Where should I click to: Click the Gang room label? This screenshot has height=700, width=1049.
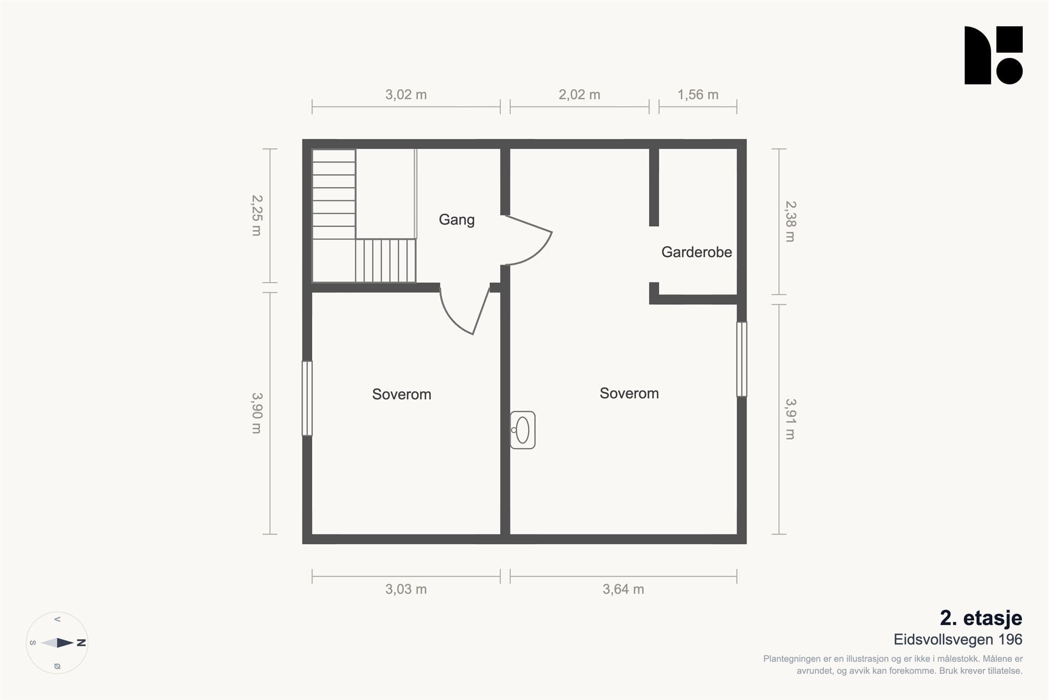pyautogui.click(x=457, y=220)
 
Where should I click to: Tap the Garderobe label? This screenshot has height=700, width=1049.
pyautogui.click(x=697, y=252)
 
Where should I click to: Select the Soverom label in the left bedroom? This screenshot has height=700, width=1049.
pyautogui.click(x=402, y=394)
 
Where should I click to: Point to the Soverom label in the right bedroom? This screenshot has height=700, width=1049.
pyautogui.click(x=629, y=393)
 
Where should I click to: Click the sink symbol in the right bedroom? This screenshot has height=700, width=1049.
pyautogui.click(x=522, y=430)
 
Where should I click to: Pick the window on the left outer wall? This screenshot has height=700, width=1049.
pyautogui.click(x=307, y=398)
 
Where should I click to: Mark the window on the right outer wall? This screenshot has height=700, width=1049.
pyautogui.click(x=742, y=359)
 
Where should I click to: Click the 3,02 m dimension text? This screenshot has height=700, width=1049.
pyautogui.click(x=406, y=95)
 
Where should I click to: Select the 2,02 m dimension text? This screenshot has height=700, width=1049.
pyautogui.click(x=579, y=95)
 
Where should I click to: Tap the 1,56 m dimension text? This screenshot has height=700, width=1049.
pyautogui.click(x=698, y=95)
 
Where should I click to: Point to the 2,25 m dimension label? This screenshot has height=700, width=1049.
pyautogui.click(x=257, y=215)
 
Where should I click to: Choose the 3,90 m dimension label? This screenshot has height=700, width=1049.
pyautogui.click(x=257, y=413)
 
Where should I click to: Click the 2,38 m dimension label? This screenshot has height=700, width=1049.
pyautogui.click(x=790, y=221)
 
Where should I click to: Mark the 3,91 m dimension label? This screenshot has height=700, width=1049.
pyautogui.click(x=790, y=419)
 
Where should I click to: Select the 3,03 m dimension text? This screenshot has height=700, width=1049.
pyautogui.click(x=406, y=589)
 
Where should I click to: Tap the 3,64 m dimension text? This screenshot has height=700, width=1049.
pyautogui.click(x=623, y=589)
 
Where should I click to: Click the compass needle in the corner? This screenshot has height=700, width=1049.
pyautogui.click(x=57, y=643)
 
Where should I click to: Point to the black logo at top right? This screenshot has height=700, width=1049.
pyautogui.click(x=994, y=55)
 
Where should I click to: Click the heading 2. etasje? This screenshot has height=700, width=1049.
pyautogui.click(x=981, y=618)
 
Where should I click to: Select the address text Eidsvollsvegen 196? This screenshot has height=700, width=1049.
pyautogui.click(x=958, y=640)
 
